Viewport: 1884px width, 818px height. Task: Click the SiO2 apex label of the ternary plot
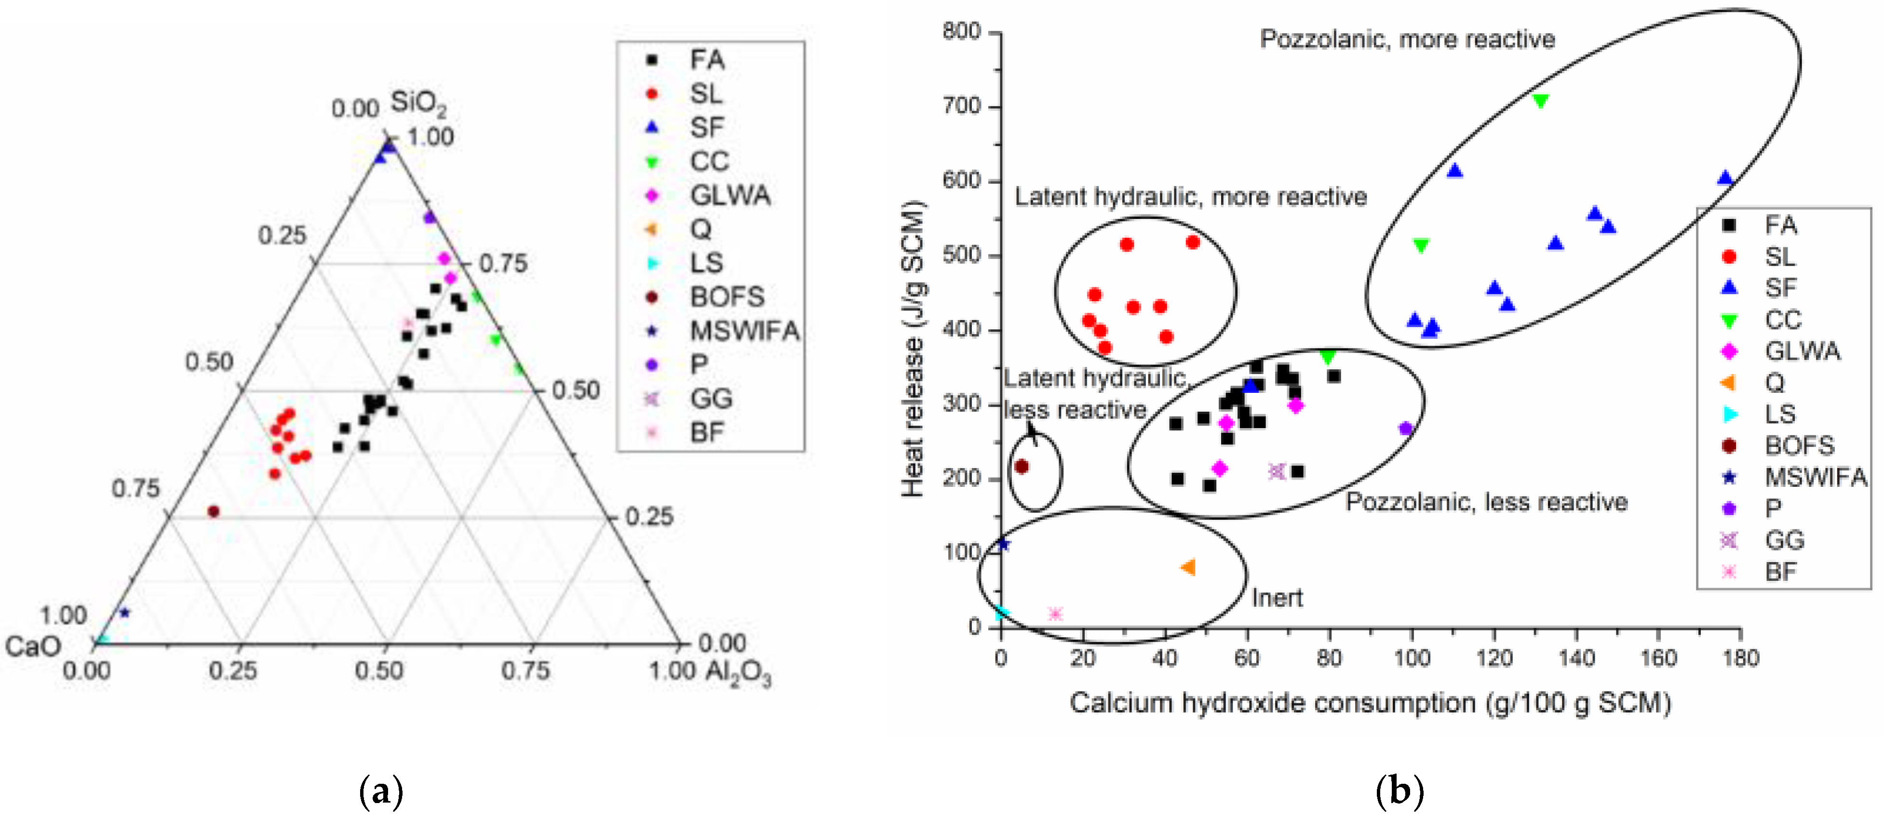[x=417, y=103]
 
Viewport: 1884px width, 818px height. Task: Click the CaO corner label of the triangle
[x=33, y=646]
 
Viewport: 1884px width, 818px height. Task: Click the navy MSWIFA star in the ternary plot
[x=124, y=613]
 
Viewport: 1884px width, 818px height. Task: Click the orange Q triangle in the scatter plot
[x=1188, y=567]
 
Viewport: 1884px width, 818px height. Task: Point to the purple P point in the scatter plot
[x=1405, y=429]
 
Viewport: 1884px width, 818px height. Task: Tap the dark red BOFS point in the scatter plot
[x=1022, y=467]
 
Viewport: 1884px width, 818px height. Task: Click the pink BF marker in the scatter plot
[x=1055, y=614]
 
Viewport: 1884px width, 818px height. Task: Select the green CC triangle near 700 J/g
[x=1540, y=101]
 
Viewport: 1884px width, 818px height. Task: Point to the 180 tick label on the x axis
[x=1740, y=658]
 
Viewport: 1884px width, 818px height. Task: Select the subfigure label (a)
[x=381, y=791]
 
